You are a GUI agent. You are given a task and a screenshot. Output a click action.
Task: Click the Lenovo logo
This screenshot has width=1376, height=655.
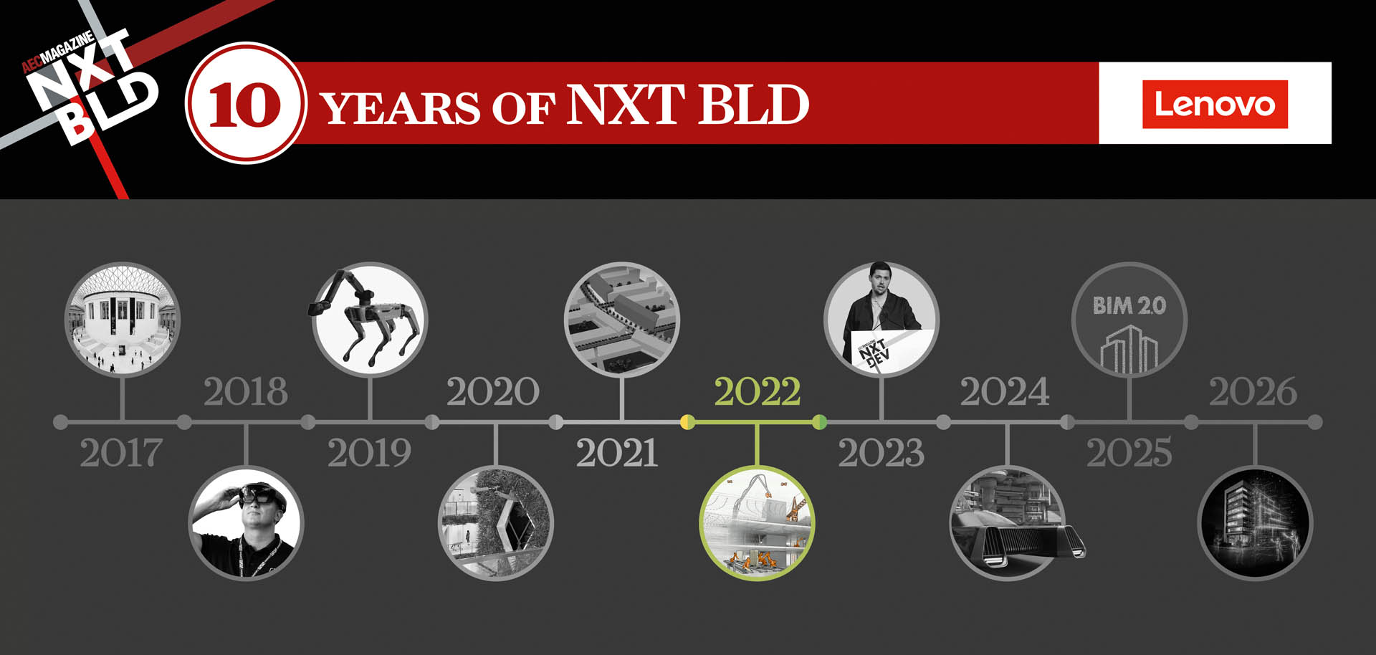point(1215,104)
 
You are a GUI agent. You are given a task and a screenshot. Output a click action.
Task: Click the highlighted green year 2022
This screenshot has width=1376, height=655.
point(757,392)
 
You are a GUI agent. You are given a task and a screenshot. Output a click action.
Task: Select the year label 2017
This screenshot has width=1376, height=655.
point(120,453)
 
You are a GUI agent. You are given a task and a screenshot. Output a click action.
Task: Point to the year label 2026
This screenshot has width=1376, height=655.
point(1253,392)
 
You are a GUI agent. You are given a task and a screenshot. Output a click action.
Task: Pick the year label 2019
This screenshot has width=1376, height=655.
point(369,453)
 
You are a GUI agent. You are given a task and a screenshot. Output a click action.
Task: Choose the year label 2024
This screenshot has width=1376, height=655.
point(1005,392)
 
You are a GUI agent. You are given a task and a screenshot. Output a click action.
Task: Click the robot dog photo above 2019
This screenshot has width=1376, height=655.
point(370,319)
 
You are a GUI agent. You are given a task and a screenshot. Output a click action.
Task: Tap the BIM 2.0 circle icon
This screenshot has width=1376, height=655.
point(1129,320)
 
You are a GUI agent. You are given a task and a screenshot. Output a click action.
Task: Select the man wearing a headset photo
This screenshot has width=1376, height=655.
point(246,523)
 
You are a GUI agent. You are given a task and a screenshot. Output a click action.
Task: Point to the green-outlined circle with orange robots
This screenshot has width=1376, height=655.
point(757,523)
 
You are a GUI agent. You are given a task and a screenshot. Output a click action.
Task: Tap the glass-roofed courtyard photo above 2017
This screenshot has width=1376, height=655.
point(123,319)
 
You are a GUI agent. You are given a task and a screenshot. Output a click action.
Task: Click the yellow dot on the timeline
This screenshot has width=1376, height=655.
point(687,422)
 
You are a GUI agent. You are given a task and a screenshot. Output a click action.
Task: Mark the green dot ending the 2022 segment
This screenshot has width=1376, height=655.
point(820,422)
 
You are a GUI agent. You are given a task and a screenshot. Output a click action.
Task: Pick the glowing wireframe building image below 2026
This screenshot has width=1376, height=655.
point(1255,523)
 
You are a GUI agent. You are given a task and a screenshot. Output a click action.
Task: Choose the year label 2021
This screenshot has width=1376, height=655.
point(617,453)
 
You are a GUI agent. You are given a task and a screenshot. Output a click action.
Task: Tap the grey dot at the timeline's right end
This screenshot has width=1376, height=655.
point(1315,422)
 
